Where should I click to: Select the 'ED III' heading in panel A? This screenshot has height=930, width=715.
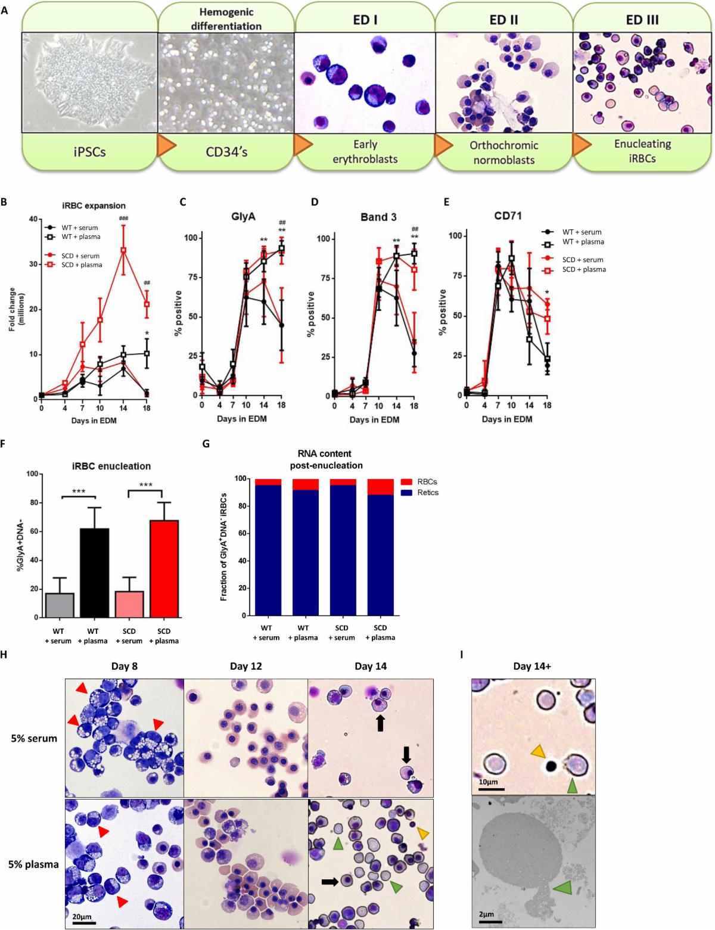642,20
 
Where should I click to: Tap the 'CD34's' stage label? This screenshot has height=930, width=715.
226,151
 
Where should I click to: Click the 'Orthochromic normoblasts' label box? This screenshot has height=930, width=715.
503,153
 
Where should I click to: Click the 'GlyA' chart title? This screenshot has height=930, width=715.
243,217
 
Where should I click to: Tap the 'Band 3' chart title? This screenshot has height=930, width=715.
378,217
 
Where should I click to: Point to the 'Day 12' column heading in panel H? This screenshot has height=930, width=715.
247,666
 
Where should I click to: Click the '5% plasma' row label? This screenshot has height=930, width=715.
33,864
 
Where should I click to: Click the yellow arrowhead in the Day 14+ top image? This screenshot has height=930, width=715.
538,752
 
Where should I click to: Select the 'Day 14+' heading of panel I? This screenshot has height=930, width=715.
531,666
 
